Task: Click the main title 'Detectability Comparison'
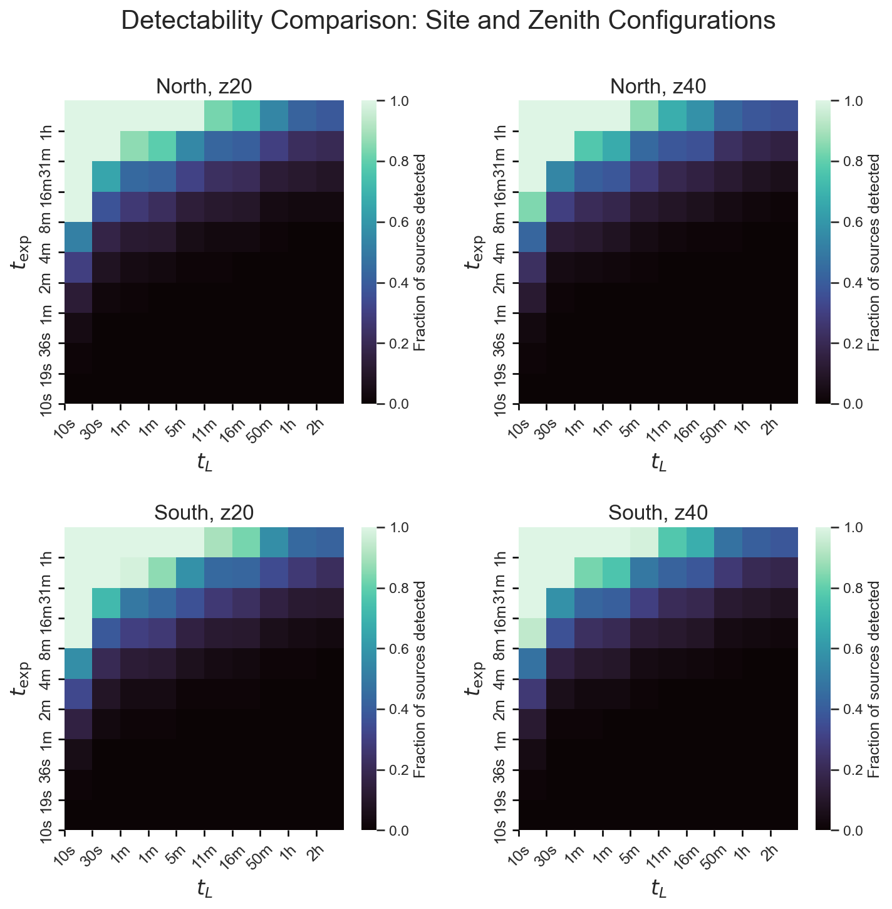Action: pyautogui.click(x=448, y=21)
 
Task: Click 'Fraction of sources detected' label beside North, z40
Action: pyautogui.click(x=875, y=252)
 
